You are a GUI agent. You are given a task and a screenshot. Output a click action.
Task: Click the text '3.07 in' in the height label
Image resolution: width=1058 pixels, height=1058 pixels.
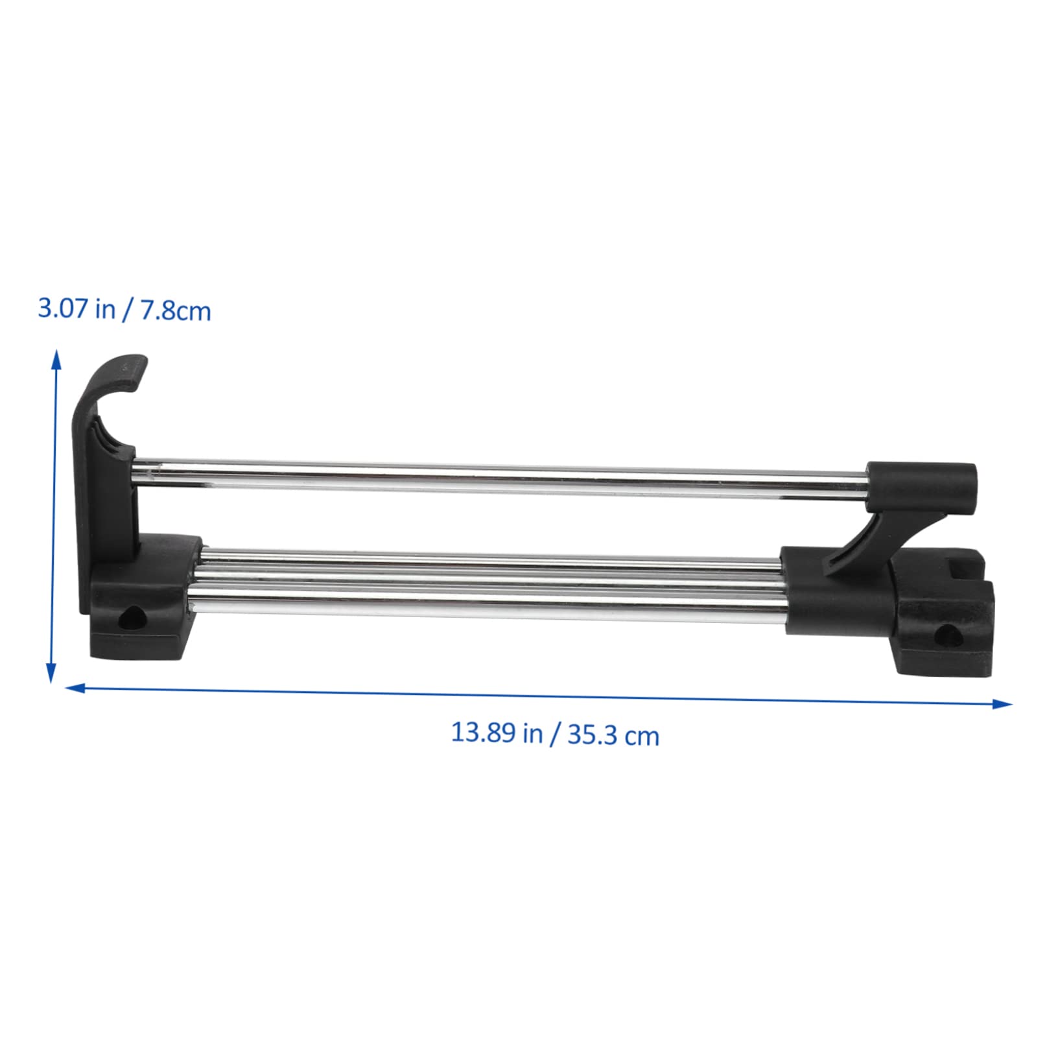click(76, 308)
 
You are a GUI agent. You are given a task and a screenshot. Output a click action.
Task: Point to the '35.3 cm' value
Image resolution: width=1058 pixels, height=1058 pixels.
click(613, 736)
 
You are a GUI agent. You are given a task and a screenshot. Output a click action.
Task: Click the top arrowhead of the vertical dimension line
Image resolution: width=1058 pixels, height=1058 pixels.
click(57, 358)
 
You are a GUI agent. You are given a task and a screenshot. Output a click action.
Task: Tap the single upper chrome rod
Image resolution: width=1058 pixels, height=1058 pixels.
click(499, 478)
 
